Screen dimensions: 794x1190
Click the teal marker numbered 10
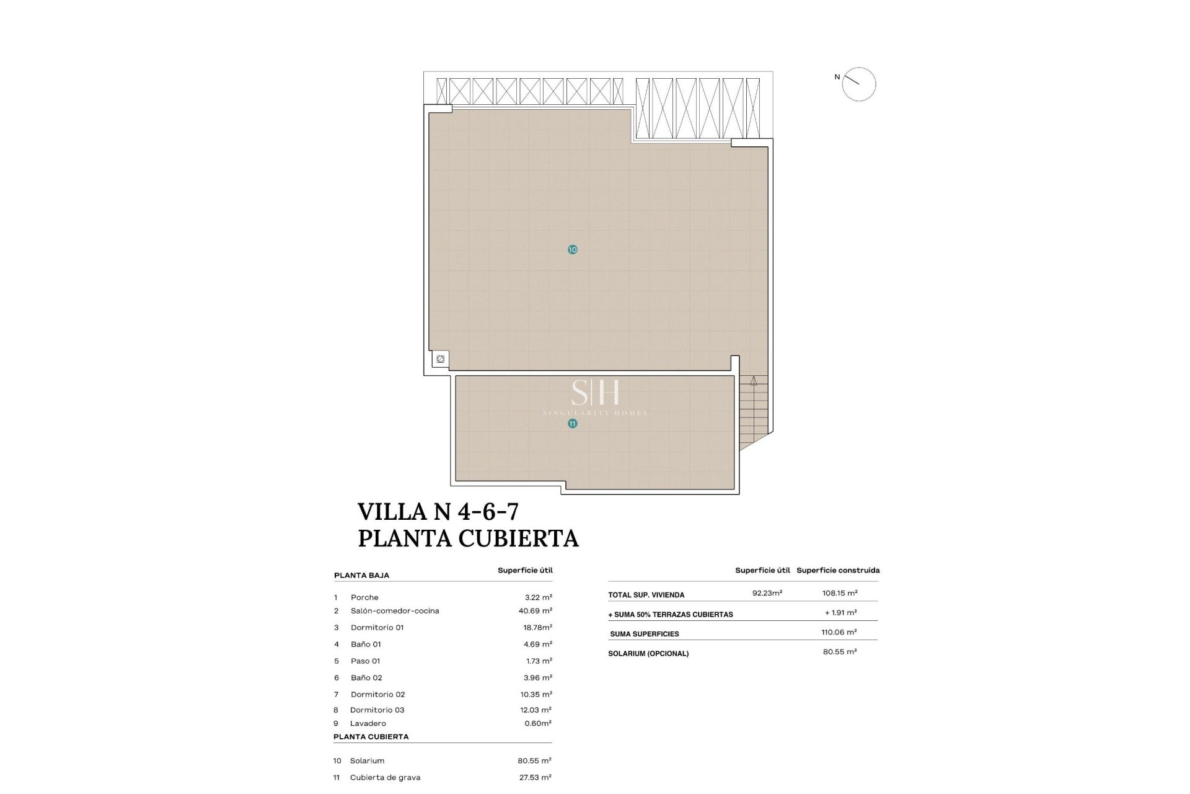pos(572,249)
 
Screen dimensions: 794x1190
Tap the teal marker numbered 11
pos(572,424)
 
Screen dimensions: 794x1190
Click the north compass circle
pos(858,84)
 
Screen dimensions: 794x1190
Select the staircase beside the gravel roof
pos(753,409)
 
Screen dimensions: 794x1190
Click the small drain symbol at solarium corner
pos(440,359)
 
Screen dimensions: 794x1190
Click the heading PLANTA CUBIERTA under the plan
pos(468,538)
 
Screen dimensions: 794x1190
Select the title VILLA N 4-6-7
pos(438,512)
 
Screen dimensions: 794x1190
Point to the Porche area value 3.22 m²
pos(538,597)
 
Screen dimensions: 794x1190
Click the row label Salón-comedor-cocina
pos(395,611)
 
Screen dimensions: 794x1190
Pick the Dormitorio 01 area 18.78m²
pos(537,628)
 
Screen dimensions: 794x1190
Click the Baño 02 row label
pos(366,678)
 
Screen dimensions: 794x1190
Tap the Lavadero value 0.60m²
pos(537,723)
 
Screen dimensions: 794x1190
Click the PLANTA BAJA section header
pos(361,575)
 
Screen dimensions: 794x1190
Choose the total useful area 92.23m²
pos(767,593)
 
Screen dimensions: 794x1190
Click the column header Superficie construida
pos(837,570)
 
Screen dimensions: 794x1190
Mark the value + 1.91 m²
pos(840,613)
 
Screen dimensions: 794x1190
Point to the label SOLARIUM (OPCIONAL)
pos(648,653)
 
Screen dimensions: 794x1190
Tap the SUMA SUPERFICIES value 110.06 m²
pos(839,632)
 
